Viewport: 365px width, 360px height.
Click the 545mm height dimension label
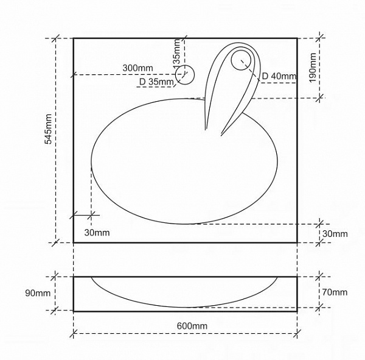[48, 129]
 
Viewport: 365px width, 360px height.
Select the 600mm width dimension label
[192, 326]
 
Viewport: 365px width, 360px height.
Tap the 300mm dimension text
[138, 68]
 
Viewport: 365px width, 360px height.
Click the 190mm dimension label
[313, 68]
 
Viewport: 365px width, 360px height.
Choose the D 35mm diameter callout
[156, 82]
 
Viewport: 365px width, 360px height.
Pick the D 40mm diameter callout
[279, 76]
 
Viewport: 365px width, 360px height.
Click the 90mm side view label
[38, 293]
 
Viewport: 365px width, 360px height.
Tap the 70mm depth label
[335, 292]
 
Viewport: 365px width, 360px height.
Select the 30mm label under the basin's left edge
[97, 233]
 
